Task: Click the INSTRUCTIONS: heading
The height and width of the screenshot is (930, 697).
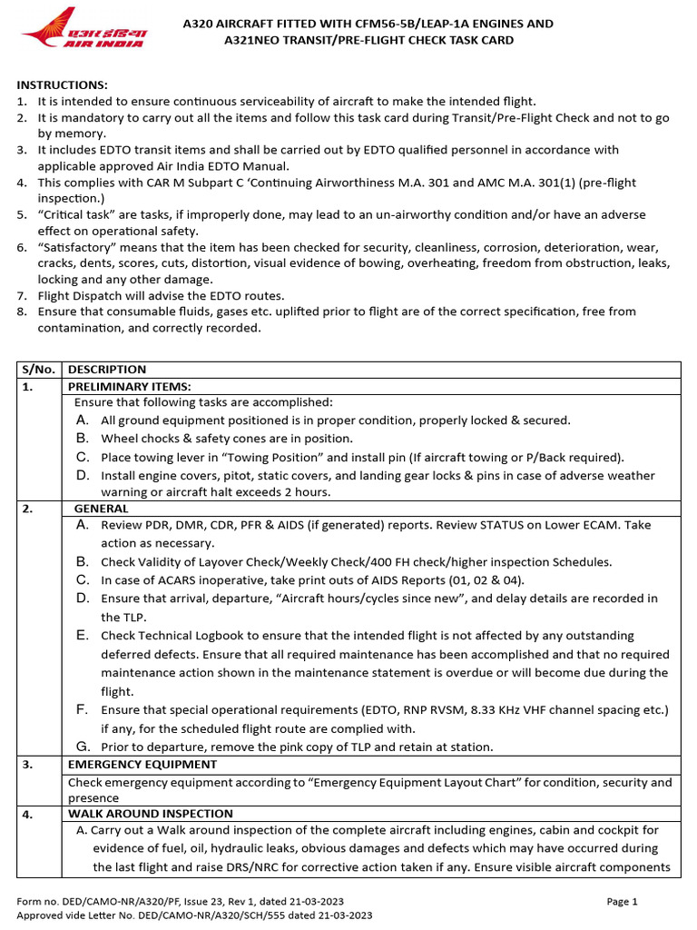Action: pos(62,84)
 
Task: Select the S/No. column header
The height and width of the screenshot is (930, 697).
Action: pos(39,370)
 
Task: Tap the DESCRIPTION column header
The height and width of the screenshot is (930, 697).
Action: pos(107,370)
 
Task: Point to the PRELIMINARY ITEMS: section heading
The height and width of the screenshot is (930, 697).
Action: pos(130,386)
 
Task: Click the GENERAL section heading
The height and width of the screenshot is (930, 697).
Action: pos(102,509)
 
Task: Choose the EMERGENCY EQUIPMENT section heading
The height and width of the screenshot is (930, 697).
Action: pos(142,765)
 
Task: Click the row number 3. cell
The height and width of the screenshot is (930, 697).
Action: pos(27,765)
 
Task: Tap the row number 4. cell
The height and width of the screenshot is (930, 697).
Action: pos(27,815)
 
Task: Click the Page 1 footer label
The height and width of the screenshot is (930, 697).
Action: pos(623,902)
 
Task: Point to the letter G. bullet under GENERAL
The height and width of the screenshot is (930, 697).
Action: pos(83,747)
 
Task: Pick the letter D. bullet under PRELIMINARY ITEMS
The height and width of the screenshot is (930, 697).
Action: pos(83,475)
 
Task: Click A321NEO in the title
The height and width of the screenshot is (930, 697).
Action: pos(256,40)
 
